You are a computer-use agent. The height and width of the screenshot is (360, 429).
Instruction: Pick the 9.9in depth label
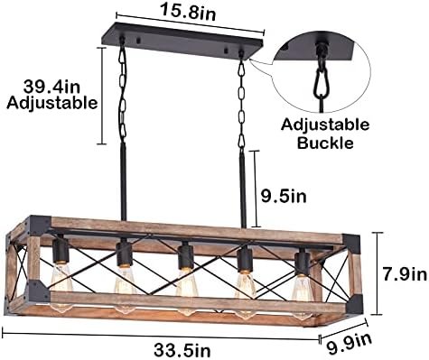pos(350,341)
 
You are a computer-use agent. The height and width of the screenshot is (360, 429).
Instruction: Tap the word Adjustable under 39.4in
pos(52,103)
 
